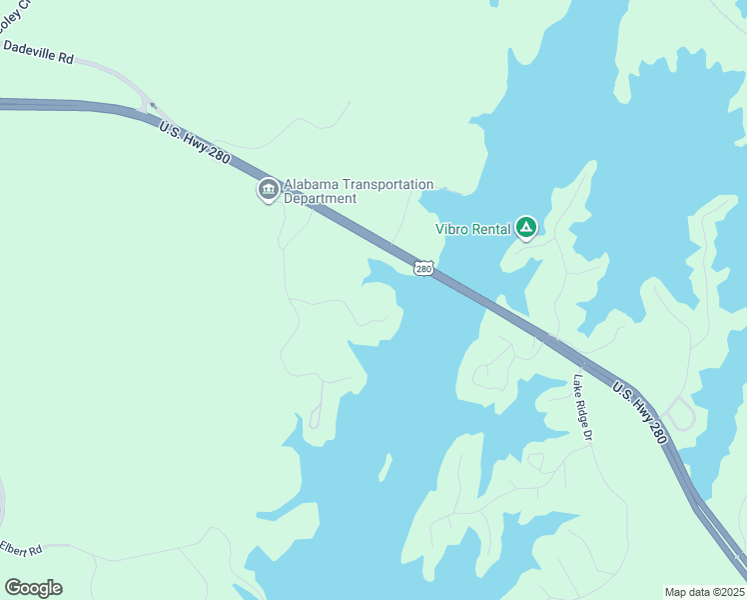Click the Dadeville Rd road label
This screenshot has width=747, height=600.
39,53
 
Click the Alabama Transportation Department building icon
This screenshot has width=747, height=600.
268,190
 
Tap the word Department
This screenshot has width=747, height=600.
321,199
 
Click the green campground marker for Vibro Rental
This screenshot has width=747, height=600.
526,229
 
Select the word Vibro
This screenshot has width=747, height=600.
452,228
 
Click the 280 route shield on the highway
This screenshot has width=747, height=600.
424,268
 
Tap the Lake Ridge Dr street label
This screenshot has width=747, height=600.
583,409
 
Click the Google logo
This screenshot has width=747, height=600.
33,588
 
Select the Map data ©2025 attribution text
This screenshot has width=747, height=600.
704,592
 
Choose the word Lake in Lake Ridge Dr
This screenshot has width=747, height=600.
577,385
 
